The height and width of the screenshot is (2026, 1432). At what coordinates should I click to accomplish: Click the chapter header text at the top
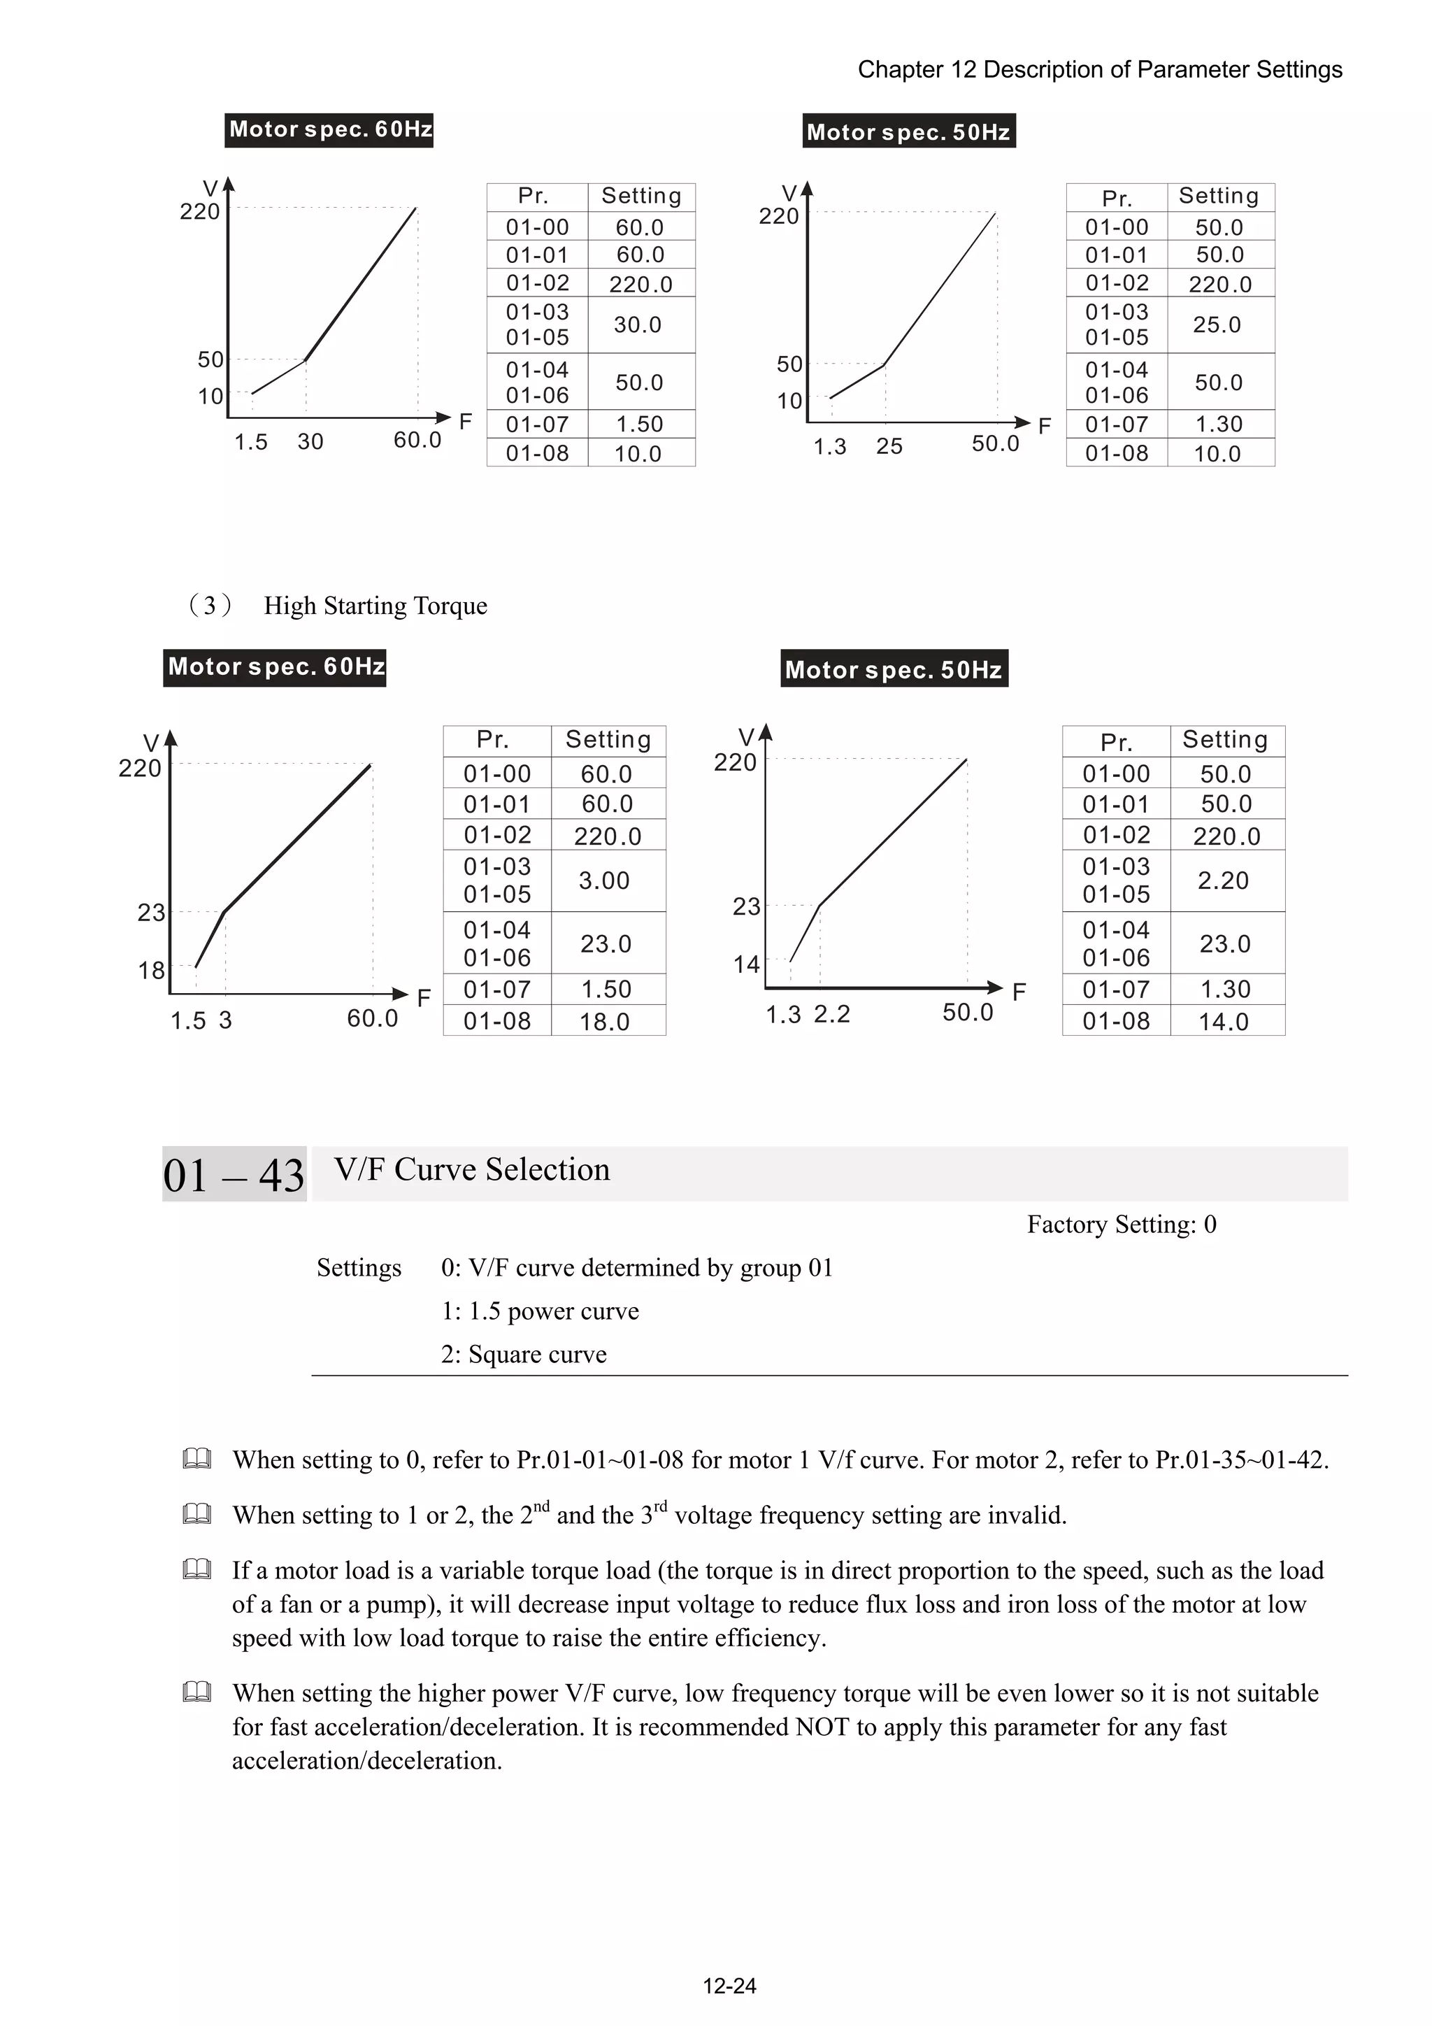coord(1099,70)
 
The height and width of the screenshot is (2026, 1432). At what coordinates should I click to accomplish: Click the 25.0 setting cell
coord(1217,324)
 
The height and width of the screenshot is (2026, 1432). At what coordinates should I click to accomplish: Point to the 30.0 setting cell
coord(637,324)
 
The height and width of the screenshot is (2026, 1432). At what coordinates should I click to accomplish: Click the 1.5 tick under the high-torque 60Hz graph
coord(187,1021)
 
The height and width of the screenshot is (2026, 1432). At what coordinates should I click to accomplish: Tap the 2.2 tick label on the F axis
coord(831,1014)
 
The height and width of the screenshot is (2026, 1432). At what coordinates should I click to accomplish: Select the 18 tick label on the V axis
coord(151,971)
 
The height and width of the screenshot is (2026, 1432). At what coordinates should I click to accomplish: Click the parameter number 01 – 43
coord(234,1174)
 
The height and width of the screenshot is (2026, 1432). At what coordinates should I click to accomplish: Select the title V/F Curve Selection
coord(472,1169)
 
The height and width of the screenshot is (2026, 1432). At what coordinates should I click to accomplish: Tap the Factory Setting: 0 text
coord(1122,1224)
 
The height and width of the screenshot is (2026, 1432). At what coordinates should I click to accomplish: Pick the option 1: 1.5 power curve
coord(539,1311)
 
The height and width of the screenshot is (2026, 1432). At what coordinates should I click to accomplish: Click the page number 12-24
coord(729,1986)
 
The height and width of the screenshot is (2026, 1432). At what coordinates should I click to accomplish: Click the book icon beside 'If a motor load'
coord(196,1569)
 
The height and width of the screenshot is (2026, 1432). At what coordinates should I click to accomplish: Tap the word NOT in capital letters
coord(822,1726)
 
